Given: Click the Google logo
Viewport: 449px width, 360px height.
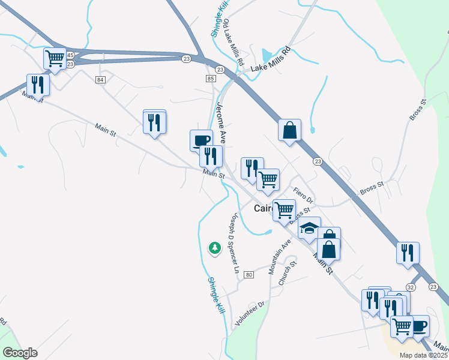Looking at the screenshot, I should click(20, 353).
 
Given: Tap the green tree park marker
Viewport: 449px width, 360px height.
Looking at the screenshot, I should click(214, 248).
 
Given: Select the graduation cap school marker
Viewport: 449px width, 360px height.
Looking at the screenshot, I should click(310, 229).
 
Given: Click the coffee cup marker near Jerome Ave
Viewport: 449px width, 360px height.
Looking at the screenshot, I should click(201, 140).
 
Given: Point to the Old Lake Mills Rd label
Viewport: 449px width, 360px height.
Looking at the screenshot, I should click(234, 42).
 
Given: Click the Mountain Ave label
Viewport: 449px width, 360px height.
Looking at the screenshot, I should click(279, 257).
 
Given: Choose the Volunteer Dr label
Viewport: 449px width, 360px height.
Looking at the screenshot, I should click(250, 314).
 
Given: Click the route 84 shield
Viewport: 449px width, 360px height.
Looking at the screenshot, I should click(100, 80).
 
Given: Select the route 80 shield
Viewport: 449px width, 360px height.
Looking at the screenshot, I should click(249, 275).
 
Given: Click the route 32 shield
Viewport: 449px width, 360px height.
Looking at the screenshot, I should click(411, 288).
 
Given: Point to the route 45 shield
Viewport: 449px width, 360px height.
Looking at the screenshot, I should click(70, 55).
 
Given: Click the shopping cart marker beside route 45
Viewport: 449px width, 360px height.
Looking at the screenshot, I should click(55, 58).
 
